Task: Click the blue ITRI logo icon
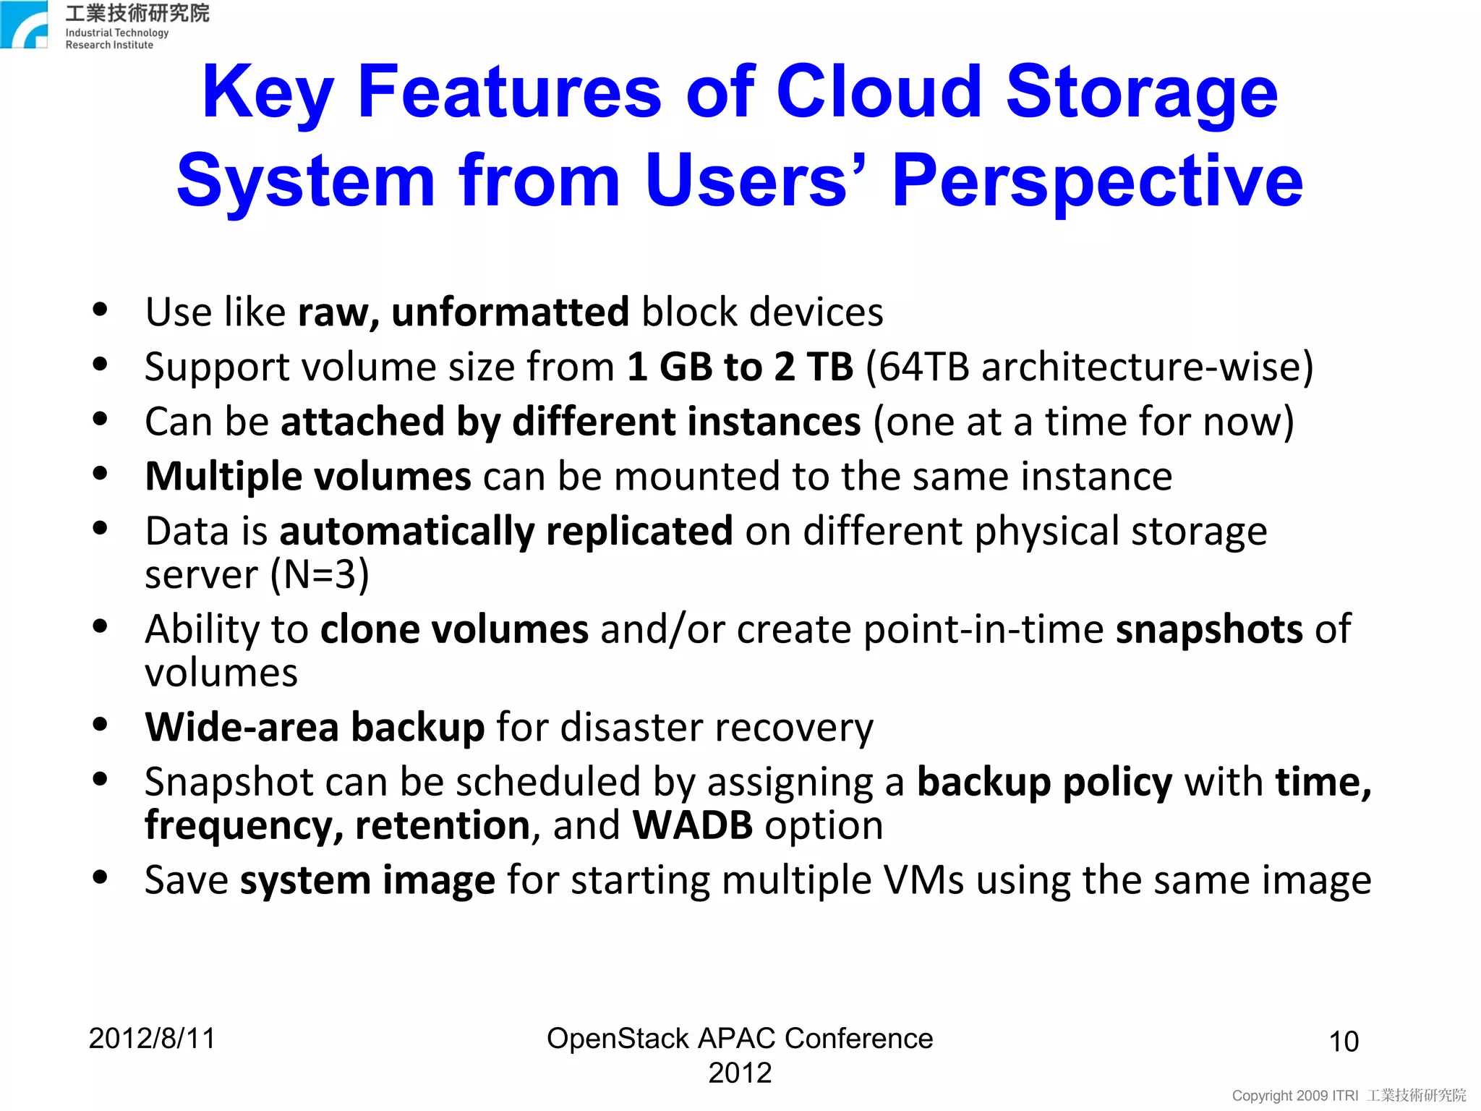(x=24, y=25)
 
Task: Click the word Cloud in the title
(x=878, y=92)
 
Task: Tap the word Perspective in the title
(x=1097, y=181)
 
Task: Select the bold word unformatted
(x=510, y=312)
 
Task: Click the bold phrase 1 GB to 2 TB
(x=740, y=367)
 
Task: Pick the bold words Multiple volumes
(x=308, y=477)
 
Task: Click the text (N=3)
(x=319, y=575)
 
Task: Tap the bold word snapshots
(x=1208, y=629)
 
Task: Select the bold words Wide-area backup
(x=315, y=728)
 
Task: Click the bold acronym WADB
(x=692, y=826)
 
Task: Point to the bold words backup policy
(x=1044, y=783)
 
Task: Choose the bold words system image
(x=367, y=881)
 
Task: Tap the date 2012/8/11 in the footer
(x=152, y=1039)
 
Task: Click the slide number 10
(x=1344, y=1042)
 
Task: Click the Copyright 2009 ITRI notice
(x=1294, y=1096)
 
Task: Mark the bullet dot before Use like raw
(x=101, y=310)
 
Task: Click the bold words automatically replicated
(x=506, y=532)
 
